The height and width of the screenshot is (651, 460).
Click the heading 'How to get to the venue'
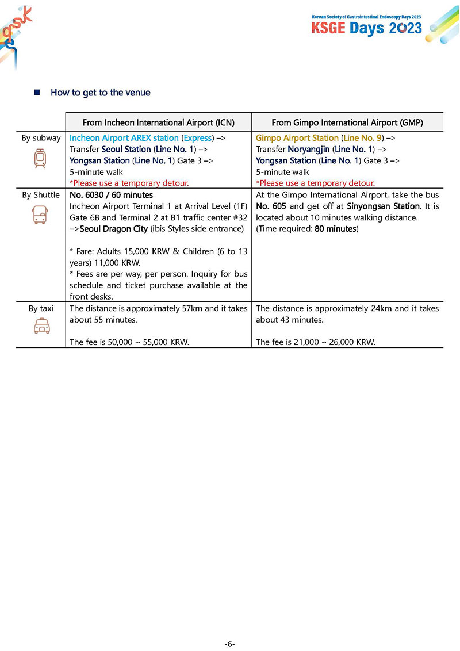[x=101, y=93]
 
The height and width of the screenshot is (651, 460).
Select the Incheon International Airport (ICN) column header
[x=158, y=122]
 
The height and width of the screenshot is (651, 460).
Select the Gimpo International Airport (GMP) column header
[x=348, y=122]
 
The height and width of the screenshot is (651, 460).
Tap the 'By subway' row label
[x=41, y=138]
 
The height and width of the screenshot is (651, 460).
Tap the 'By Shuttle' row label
[x=41, y=195]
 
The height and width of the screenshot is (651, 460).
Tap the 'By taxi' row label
[x=41, y=308]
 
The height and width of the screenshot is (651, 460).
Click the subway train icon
[x=41, y=158]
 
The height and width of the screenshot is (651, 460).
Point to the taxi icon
[x=41, y=327]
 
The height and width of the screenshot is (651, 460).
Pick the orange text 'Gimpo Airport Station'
[x=297, y=138]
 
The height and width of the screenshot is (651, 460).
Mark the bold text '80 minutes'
[x=336, y=229]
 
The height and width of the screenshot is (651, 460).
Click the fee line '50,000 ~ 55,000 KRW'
[x=129, y=342]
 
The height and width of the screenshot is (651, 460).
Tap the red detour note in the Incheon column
[x=129, y=183]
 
